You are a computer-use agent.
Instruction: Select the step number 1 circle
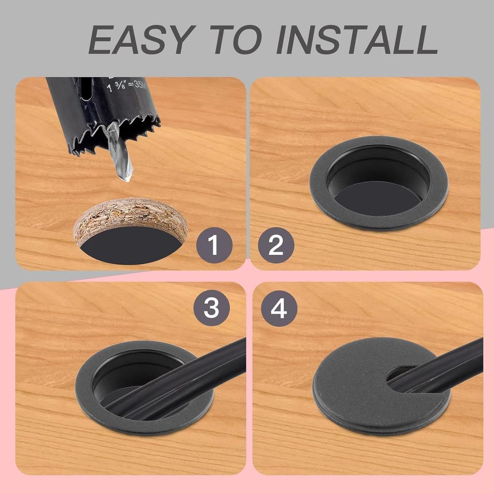click(x=214, y=245)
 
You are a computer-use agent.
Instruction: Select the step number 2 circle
click(x=276, y=245)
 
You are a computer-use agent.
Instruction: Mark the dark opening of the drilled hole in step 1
click(x=130, y=250)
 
